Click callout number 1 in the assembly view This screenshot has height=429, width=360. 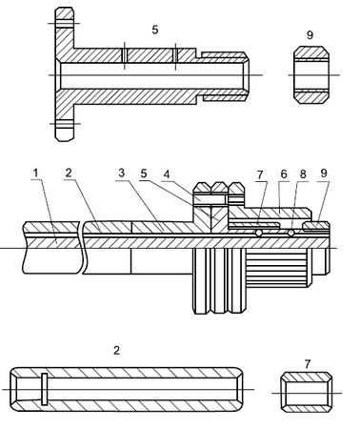pyautogui.click(x=35, y=174)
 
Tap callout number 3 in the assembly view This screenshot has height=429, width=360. pyautogui.click(x=122, y=174)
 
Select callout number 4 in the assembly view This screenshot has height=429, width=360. pyautogui.click(x=167, y=174)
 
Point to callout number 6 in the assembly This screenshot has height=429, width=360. pyautogui.click(x=284, y=174)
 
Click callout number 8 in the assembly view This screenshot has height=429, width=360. pyautogui.click(x=303, y=174)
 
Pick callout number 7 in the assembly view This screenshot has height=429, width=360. pyautogui.click(x=260, y=174)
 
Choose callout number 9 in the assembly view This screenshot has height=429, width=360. pyautogui.click(x=324, y=174)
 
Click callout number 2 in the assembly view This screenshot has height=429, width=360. pyautogui.click(x=69, y=174)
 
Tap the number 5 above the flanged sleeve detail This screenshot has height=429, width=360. pyautogui.click(x=155, y=30)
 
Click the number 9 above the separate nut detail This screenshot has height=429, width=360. pyautogui.click(x=310, y=34)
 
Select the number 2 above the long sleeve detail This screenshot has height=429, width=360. pyautogui.click(x=117, y=351)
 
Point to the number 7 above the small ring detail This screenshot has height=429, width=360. pyautogui.click(x=308, y=364)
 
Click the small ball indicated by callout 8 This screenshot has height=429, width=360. pyautogui.click(x=290, y=234)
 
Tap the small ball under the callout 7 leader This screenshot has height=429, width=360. pyautogui.click(x=259, y=234)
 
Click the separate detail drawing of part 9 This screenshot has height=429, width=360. pyautogui.click(x=311, y=75)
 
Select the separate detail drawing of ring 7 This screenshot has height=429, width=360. pyautogui.click(x=307, y=393)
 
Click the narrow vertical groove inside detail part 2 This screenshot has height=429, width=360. pyautogui.click(x=45, y=389)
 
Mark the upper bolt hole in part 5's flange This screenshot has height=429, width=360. pyautogui.click(x=65, y=24)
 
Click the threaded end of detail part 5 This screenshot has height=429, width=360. pyautogui.click(x=225, y=75)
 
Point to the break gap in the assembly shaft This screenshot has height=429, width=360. pyautogui.click(x=82, y=247)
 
